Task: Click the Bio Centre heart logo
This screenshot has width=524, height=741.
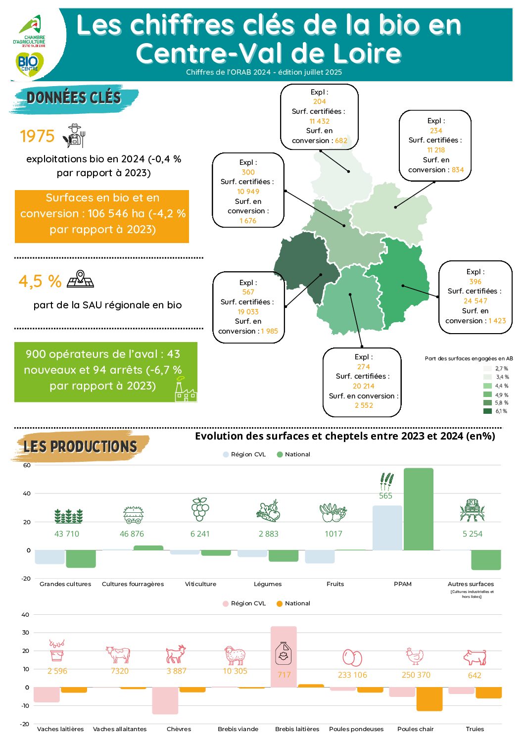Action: tap(30, 64)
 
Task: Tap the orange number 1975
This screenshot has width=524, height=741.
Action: tap(37, 136)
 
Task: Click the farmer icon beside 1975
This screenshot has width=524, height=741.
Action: tap(75, 136)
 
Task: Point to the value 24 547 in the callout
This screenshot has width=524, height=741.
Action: tap(475, 301)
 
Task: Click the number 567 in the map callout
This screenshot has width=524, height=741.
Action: tap(248, 292)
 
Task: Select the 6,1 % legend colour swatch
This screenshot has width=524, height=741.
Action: tap(487, 411)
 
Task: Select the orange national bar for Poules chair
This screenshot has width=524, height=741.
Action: tap(429, 699)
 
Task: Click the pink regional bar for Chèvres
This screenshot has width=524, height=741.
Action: tap(165, 700)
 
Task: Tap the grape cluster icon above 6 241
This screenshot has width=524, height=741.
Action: tap(200, 509)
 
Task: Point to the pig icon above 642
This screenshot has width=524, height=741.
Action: tap(475, 657)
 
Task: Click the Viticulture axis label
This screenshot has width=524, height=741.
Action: tap(200, 584)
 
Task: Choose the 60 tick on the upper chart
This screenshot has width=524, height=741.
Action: tap(27, 465)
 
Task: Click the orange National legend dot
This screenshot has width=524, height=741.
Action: tap(280, 603)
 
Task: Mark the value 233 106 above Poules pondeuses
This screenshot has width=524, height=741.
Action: tap(352, 675)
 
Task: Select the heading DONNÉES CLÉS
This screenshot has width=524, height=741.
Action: tap(74, 98)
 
